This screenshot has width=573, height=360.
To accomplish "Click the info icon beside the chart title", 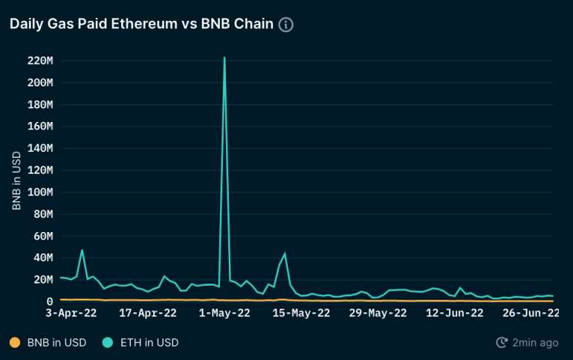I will (x=286, y=25).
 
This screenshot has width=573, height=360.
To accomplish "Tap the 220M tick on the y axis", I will (x=39, y=60).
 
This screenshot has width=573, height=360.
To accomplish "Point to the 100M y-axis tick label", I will (x=39, y=192).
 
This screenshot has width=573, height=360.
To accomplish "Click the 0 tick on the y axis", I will (x=50, y=301).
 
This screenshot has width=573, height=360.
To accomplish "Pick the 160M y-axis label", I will (x=39, y=126).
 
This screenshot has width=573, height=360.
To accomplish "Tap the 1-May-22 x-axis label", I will (x=224, y=313).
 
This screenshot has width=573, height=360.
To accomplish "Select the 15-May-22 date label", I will (x=301, y=313).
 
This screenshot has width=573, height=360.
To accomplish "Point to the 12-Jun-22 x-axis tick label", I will (x=455, y=313).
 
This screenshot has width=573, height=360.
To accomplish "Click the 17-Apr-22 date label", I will (x=147, y=313).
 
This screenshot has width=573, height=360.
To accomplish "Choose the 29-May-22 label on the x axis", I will (x=378, y=313).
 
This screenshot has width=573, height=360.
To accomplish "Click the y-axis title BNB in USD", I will (x=16, y=181).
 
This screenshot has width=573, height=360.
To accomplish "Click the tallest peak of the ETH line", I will (x=224, y=58).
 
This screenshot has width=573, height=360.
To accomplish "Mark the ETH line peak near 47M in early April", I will (x=82, y=251).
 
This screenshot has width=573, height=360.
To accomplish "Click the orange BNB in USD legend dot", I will (x=14, y=343).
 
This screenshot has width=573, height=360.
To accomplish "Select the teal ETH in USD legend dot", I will (x=108, y=343).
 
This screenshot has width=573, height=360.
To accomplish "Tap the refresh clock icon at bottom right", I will (x=502, y=343).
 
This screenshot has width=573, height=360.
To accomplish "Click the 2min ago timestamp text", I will (x=535, y=343).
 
